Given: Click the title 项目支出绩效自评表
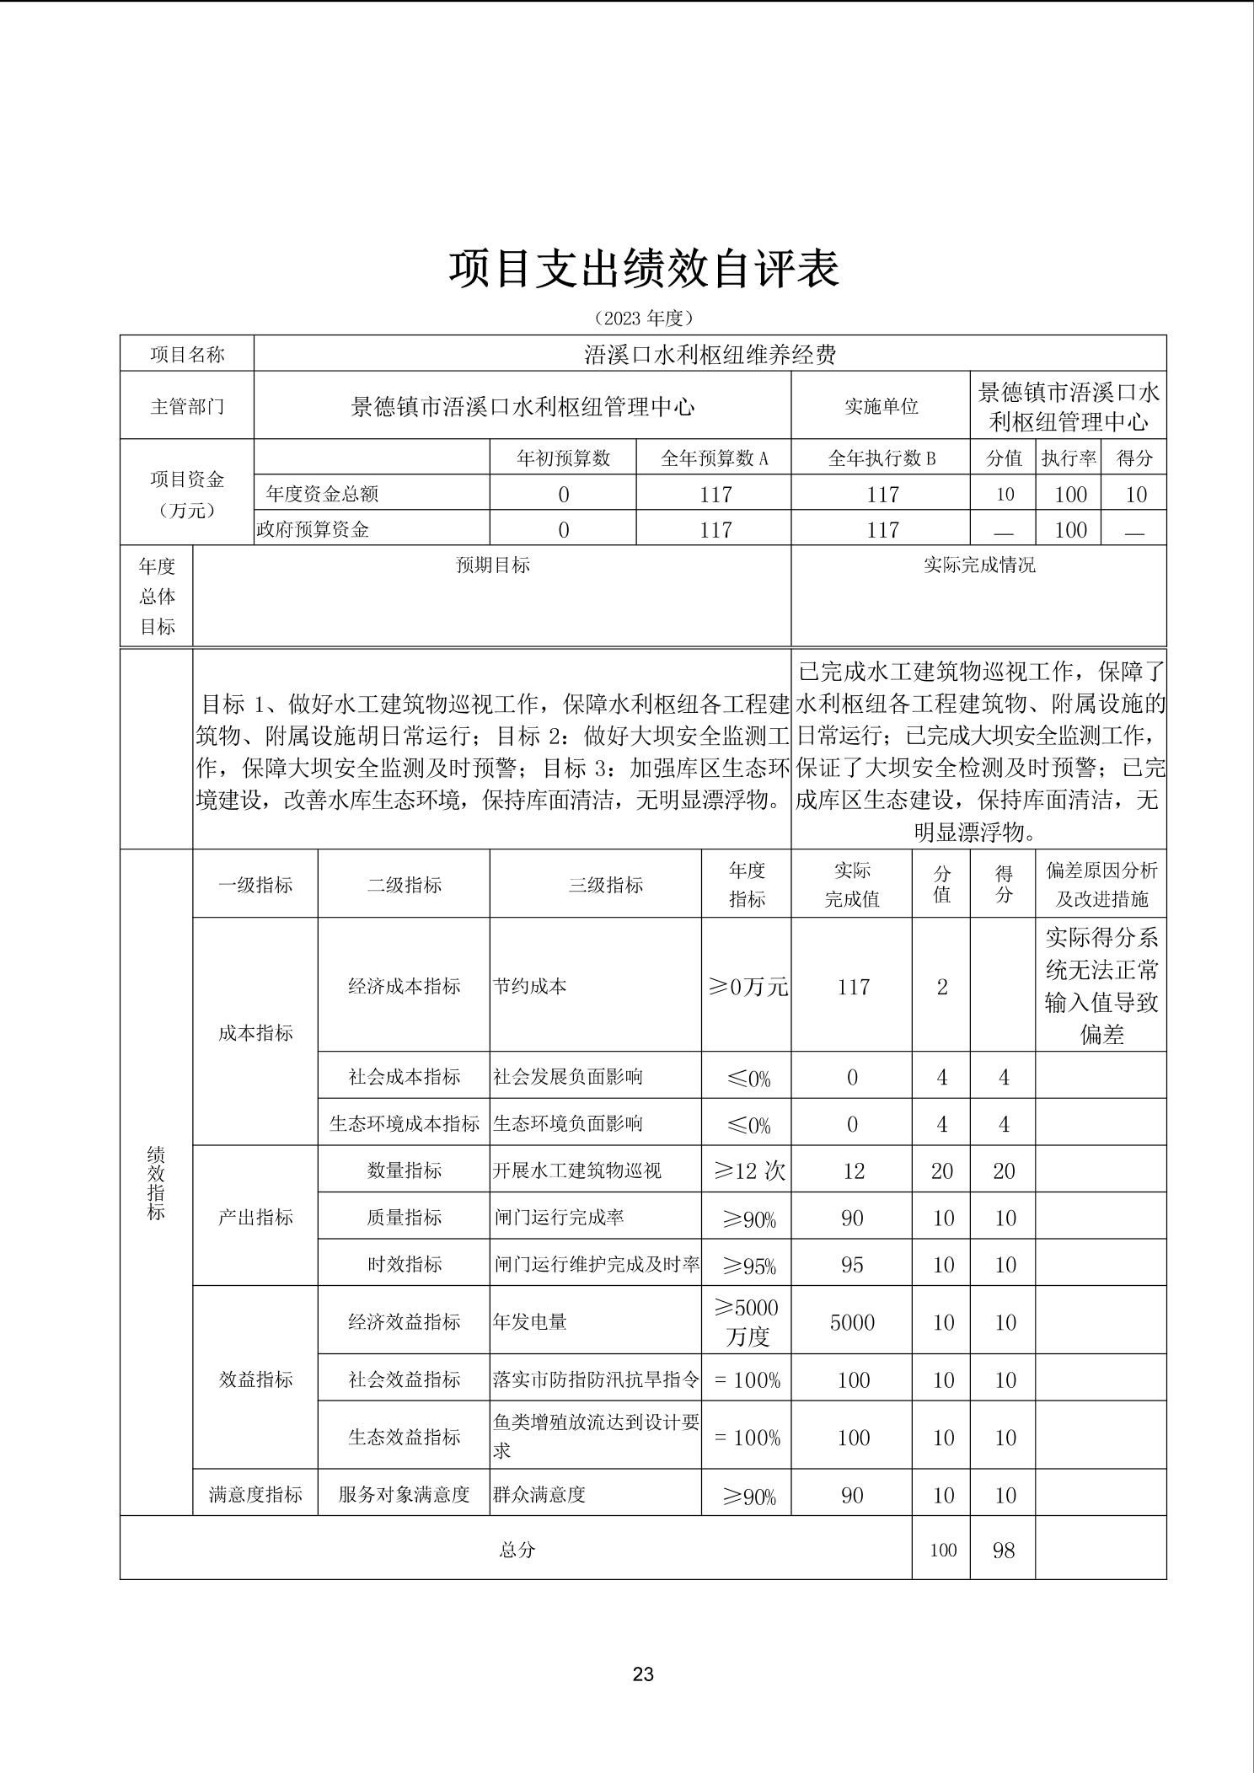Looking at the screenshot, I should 643,269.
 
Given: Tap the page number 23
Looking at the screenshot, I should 643,1674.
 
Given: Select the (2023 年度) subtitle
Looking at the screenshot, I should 643,318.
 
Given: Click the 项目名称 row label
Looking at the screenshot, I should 187,354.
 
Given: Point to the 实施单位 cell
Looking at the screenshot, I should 881,406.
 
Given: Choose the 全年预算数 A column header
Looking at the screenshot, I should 714,458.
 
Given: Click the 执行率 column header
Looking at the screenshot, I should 1069,458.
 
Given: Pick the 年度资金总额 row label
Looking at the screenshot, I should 322,494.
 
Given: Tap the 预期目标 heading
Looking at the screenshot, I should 492,565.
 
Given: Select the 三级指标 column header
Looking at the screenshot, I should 605,885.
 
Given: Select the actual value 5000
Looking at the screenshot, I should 852,1321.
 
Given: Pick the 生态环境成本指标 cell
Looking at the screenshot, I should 404,1123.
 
